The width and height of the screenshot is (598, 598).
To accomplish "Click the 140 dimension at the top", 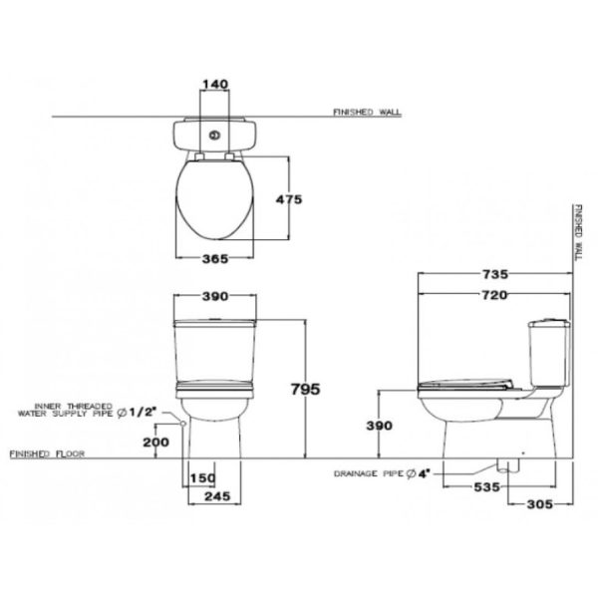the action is [x=215, y=84].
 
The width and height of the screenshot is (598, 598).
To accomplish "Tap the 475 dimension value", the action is [x=289, y=199].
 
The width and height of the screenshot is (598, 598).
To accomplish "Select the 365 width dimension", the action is [x=215, y=259].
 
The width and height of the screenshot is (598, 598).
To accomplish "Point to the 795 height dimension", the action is [x=306, y=389].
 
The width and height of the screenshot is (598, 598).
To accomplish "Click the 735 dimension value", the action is [x=495, y=274].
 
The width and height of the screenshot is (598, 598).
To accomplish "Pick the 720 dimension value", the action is [x=494, y=295].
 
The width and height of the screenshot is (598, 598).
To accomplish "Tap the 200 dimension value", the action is [x=156, y=442].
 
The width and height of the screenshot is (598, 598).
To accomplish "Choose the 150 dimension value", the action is [x=203, y=477].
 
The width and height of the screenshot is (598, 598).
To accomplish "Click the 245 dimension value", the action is [x=217, y=496].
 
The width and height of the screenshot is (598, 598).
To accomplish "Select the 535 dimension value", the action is [x=486, y=487].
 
